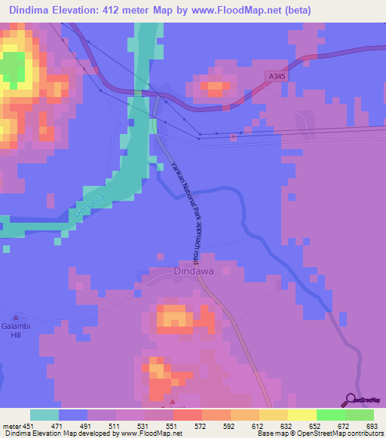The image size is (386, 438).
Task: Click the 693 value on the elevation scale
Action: tap(372, 426)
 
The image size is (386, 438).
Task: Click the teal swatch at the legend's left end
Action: tap(44, 415)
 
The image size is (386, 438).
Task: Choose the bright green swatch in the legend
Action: tap(330, 415)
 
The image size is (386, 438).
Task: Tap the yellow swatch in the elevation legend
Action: tap(302, 415)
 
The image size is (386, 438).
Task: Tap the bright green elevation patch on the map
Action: tap(11, 72)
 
